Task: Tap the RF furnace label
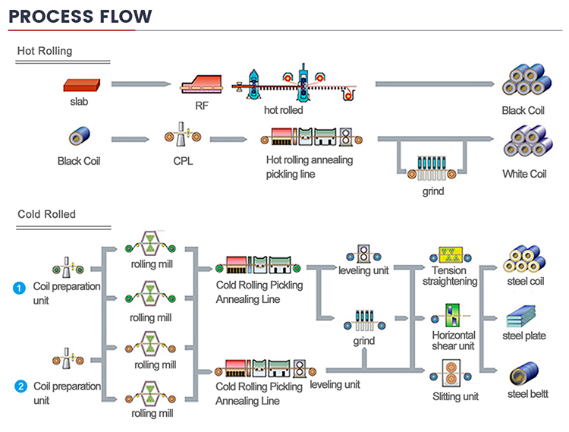(202, 106)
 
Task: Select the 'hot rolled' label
(283, 110)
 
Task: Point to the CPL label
(182, 161)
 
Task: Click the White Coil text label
(524, 174)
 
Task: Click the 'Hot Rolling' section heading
(46, 51)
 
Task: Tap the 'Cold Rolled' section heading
(46, 214)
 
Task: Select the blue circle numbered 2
(20, 387)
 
